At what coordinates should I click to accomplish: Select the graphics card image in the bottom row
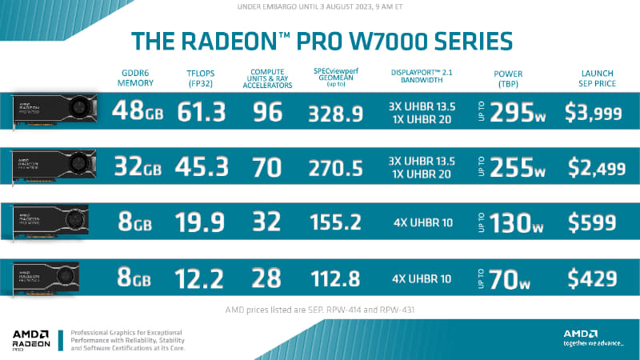[54, 277]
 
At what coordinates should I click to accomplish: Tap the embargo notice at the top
[320, 7]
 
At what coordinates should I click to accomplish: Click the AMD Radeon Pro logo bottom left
[36, 339]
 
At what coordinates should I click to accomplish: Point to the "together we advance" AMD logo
[591, 338]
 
